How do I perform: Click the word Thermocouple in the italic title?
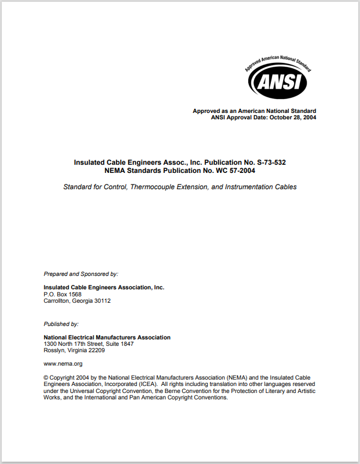(155, 187)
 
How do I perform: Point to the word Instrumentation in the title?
(242, 187)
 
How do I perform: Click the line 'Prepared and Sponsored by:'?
(81, 273)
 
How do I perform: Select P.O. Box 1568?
(63, 294)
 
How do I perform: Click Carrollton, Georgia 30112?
(77, 301)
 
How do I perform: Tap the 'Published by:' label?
(61, 324)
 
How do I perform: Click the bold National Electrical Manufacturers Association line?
(107, 337)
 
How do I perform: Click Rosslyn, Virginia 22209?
(74, 350)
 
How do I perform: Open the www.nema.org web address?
(63, 364)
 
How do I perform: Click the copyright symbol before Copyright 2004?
(46, 377)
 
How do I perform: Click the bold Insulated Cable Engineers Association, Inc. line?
(104, 287)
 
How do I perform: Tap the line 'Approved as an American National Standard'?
(255, 111)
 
